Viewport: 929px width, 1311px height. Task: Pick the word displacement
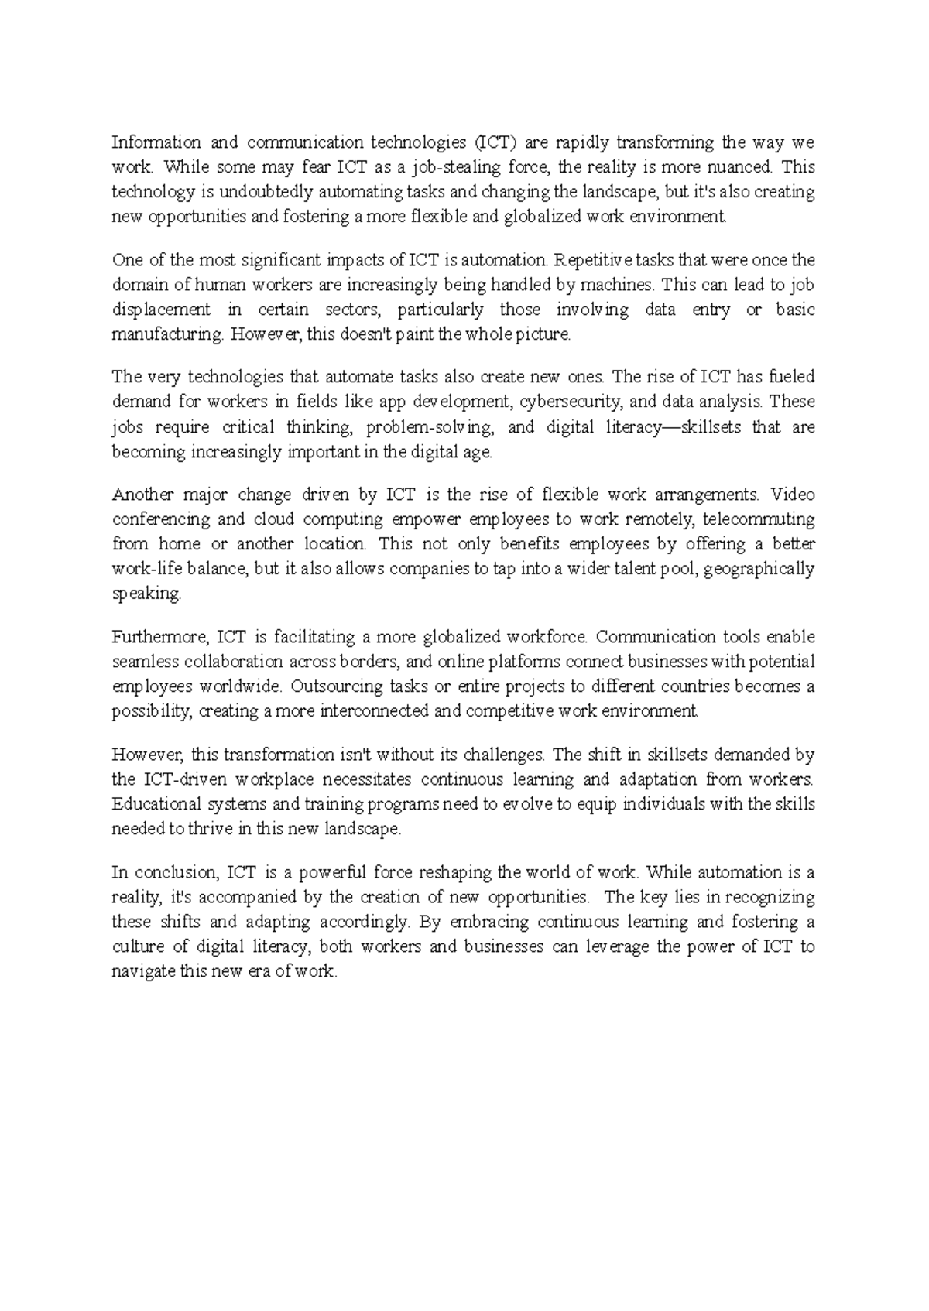point(161,310)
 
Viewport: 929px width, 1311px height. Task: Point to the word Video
point(793,495)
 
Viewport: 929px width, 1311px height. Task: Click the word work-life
point(145,569)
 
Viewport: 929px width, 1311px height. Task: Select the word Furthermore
point(159,638)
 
